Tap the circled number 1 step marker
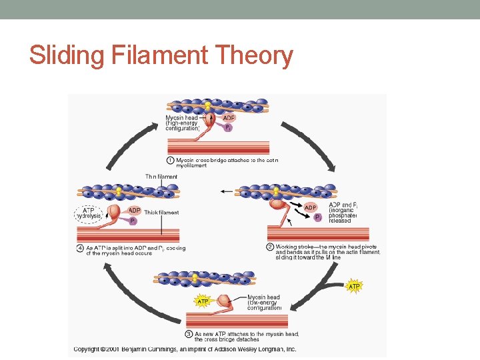click(x=171, y=161)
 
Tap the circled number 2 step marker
click(x=270, y=246)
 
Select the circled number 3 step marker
click(x=189, y=334)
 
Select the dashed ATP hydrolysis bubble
click(x=88, y=213)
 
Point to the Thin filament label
click(x=161, y=177)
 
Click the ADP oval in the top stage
click(x=228, y=118)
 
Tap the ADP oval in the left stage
click(x=133, y=210)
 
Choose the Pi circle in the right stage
click(x=317, y=217)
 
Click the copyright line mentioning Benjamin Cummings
click(x=185, y=349)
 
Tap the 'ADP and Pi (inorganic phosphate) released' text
click(x=344, y=213)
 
